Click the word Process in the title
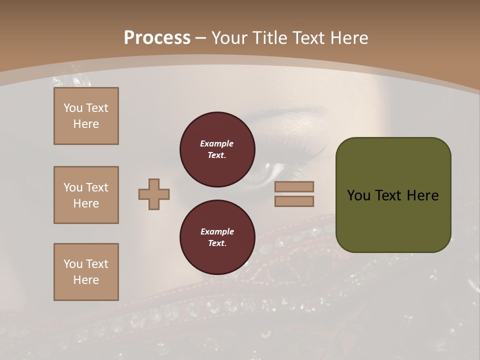157,38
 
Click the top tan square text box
86,116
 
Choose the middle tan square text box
86,195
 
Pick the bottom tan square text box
86,272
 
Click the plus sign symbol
154,194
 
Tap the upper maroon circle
217,149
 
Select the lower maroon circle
217,237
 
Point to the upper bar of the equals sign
294,186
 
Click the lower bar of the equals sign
294,201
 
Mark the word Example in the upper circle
217,143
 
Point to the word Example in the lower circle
217,231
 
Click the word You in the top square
72,108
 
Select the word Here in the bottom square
86,280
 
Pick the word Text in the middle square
96,187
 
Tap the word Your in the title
231,38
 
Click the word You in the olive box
358,195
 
